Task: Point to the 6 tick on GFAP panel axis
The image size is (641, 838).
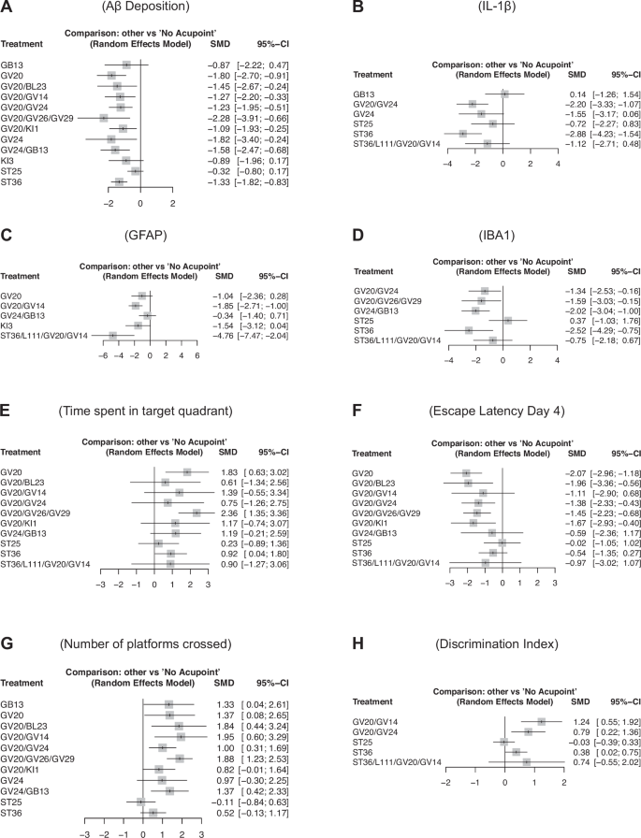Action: [x=197, y=356]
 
